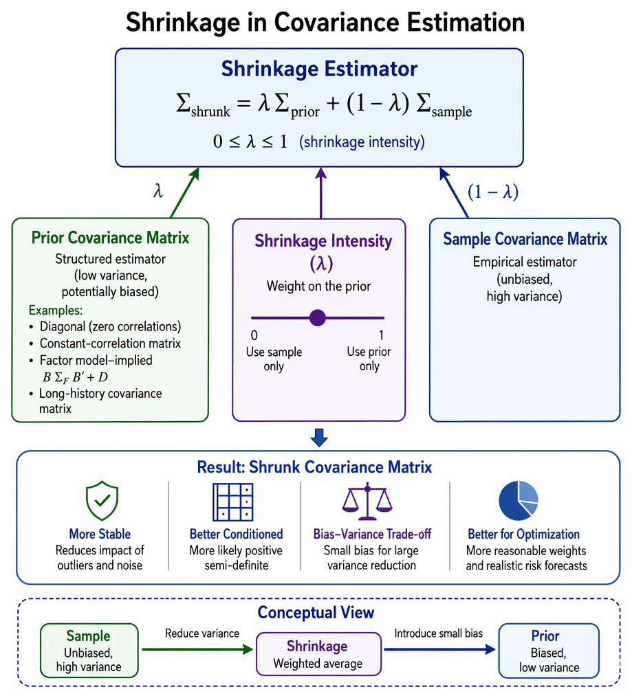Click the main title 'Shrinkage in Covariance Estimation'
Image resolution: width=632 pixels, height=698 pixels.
coord(325,22)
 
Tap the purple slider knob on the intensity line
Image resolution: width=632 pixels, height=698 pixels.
coord(317,318)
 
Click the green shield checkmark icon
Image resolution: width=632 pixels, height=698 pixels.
coord(102,501)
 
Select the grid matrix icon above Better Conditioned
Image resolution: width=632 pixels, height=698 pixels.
coord(233,502)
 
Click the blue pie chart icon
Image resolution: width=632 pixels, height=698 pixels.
coord(519,501)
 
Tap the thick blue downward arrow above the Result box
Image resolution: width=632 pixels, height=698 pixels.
coord(319,438)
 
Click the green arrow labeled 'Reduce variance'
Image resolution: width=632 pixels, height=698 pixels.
coord(197,649)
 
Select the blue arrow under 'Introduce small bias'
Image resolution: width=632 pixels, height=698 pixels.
coord(439,649)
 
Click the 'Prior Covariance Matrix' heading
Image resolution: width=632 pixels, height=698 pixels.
coord(110,238)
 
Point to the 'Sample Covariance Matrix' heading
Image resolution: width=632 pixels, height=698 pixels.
coord(525,239)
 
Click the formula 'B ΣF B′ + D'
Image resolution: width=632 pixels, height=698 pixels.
coord(76,377)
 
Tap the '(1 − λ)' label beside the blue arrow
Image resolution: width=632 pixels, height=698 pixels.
coord(493,192)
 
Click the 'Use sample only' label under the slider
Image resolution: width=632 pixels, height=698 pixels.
coord(274,359)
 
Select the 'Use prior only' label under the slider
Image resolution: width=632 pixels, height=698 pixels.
coord(369,359)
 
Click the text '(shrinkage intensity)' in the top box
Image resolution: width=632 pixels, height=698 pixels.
coord(362,142)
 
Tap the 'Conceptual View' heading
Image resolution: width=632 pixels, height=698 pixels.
coord(316,613)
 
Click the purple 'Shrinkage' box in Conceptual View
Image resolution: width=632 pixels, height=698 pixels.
coord(318,654)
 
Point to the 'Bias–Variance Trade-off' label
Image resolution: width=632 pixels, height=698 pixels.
coord(372,534)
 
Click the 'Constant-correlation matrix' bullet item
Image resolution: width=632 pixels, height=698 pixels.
coord(110,344)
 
